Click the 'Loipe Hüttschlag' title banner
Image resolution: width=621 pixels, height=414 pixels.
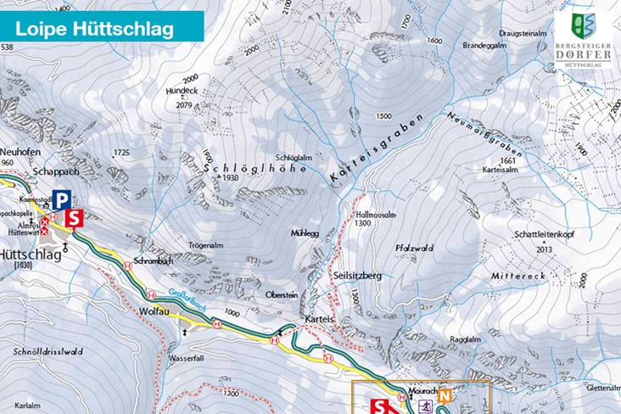pyautogui.click(x=95, y=27)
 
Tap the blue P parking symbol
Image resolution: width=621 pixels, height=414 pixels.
pyautogui.click(x=60, y=200)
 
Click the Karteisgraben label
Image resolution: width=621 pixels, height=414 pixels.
pyautogui.click(x=373, y=150)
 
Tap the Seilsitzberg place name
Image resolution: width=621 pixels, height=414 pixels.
pyautogui.click(x=358, y=276)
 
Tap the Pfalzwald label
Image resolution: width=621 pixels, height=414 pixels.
pyautogui.click(x=414, y=248)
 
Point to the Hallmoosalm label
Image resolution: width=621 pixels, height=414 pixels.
pyautogui.click(x=377, y=215)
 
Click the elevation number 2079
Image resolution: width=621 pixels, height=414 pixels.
pyautogui.click(x=180, y=105)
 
